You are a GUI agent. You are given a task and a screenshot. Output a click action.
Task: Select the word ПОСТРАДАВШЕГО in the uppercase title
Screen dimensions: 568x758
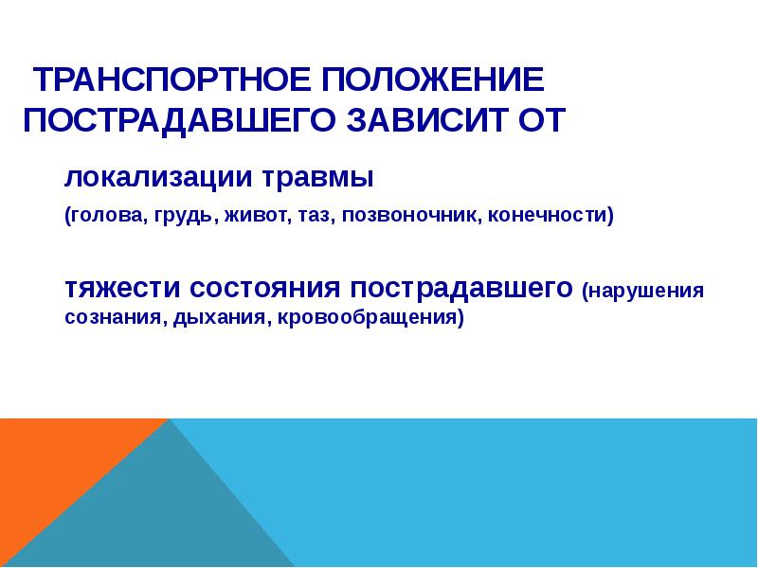(x=172, y=120)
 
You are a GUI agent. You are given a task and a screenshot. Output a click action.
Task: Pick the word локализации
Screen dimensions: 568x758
(x=143, y=176)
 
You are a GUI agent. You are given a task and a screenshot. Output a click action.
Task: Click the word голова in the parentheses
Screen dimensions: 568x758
(x=105, y=215)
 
